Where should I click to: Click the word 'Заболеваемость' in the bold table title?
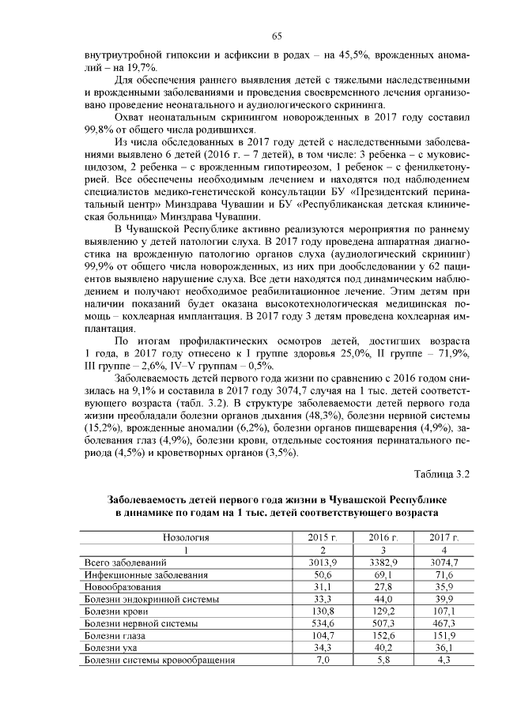[x=149, y=499]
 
